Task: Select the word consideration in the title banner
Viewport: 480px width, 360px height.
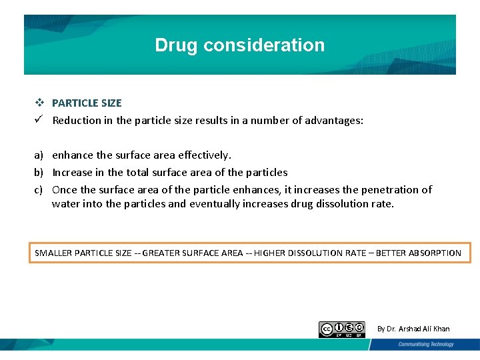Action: pos(264,45)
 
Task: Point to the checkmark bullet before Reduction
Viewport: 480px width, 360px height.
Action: pos(40,120)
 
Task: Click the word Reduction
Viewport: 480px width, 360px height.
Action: pos(77,121)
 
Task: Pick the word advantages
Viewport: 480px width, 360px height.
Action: pos(335,121)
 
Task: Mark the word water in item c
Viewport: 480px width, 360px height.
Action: pos(66,204)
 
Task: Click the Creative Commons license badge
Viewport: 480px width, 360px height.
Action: pos(342,329)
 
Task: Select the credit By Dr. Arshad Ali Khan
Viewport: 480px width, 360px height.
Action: pos(413,329)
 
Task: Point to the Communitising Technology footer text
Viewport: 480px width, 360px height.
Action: pos(426,345)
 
